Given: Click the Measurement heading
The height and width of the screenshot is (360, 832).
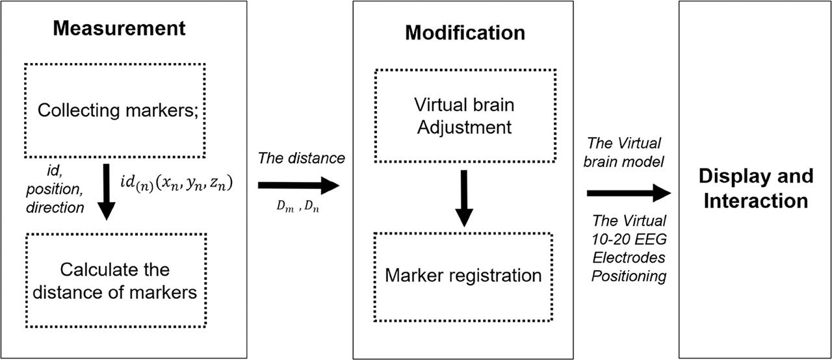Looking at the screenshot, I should [x=119, y=29].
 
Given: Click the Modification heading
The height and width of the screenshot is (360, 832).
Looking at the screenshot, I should [x=465, y=33].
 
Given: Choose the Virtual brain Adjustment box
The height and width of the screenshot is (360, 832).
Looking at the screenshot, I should [x=464, y=116].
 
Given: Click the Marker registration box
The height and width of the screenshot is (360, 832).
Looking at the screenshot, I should [x=463, y=276].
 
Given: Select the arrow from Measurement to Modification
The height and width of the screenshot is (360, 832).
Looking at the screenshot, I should [x=298, y=186].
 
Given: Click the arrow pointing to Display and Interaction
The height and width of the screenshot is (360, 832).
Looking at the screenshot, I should [x=628, y=193].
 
